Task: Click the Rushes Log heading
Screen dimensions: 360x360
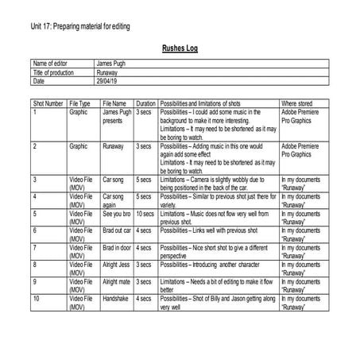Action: click(x=180, y=47)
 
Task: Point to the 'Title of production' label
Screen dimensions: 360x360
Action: click(x=53, y=72)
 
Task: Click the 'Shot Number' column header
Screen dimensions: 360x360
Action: click(x=48, y=104)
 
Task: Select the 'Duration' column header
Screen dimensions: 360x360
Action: click(x=145, y=104)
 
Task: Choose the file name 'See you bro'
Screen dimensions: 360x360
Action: click(x=118, y=214)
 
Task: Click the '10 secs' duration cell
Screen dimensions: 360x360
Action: click(x=145, y=214)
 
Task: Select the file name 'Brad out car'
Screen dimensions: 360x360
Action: click(x=118, y=230)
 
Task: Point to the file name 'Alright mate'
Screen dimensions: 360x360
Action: click(x=117, y=281)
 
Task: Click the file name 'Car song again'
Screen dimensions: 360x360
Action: click(x=114, y=200)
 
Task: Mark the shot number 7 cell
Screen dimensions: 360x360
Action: click(x=36, y=248)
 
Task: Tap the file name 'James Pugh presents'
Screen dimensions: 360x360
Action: click(x=116, y=117)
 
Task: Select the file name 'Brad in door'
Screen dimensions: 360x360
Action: click(x=118, y=248)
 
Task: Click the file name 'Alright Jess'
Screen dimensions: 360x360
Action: click(x=117, y=265)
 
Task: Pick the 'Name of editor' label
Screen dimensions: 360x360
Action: click(x=50, y=64)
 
